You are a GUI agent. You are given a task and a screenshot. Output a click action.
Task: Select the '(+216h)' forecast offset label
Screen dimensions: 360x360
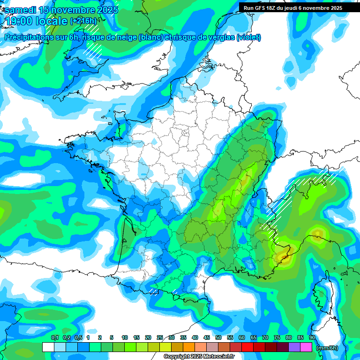coord(83,21)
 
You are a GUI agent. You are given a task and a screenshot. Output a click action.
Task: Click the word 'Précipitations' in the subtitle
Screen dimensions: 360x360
coord(29,37)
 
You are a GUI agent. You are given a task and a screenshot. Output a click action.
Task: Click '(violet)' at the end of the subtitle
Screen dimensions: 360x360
coord(249,37)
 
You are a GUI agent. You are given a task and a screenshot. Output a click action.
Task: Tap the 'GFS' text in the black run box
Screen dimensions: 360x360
coord(260,8)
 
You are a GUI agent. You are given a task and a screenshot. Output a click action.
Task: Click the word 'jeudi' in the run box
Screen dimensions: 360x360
coord(295,8)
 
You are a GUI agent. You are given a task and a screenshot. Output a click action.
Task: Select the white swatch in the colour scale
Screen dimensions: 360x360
coord(48,347)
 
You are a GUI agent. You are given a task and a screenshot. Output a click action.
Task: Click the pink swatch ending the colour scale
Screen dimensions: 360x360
coord(306,347)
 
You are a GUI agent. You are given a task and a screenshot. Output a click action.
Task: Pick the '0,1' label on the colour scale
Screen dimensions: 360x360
coord(55,338)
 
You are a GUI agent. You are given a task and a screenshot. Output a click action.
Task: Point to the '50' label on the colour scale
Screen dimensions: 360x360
coord(218,338)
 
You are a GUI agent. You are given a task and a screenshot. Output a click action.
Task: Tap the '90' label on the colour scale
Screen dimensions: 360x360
coord(312,338)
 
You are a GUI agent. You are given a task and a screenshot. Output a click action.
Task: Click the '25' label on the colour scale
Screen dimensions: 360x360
coord(160,338)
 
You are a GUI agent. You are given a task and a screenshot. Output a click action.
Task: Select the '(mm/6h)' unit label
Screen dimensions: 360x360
coord(327,348)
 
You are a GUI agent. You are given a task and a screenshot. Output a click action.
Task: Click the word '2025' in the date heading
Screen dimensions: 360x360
coord(106,10)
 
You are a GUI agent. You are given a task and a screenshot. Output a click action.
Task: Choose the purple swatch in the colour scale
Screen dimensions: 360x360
coord(294,347)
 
